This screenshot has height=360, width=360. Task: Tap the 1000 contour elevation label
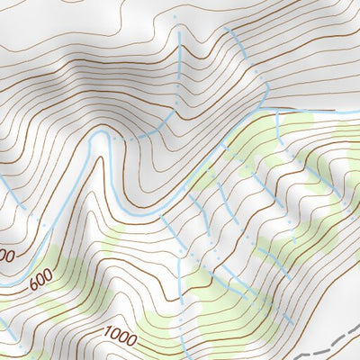click(x=120, y=338)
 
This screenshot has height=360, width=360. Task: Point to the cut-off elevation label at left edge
click(x=5, y=256)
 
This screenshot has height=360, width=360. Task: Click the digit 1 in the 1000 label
click(x=106, y=333)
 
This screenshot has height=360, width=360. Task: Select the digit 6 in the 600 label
click(x=32, y=287)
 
